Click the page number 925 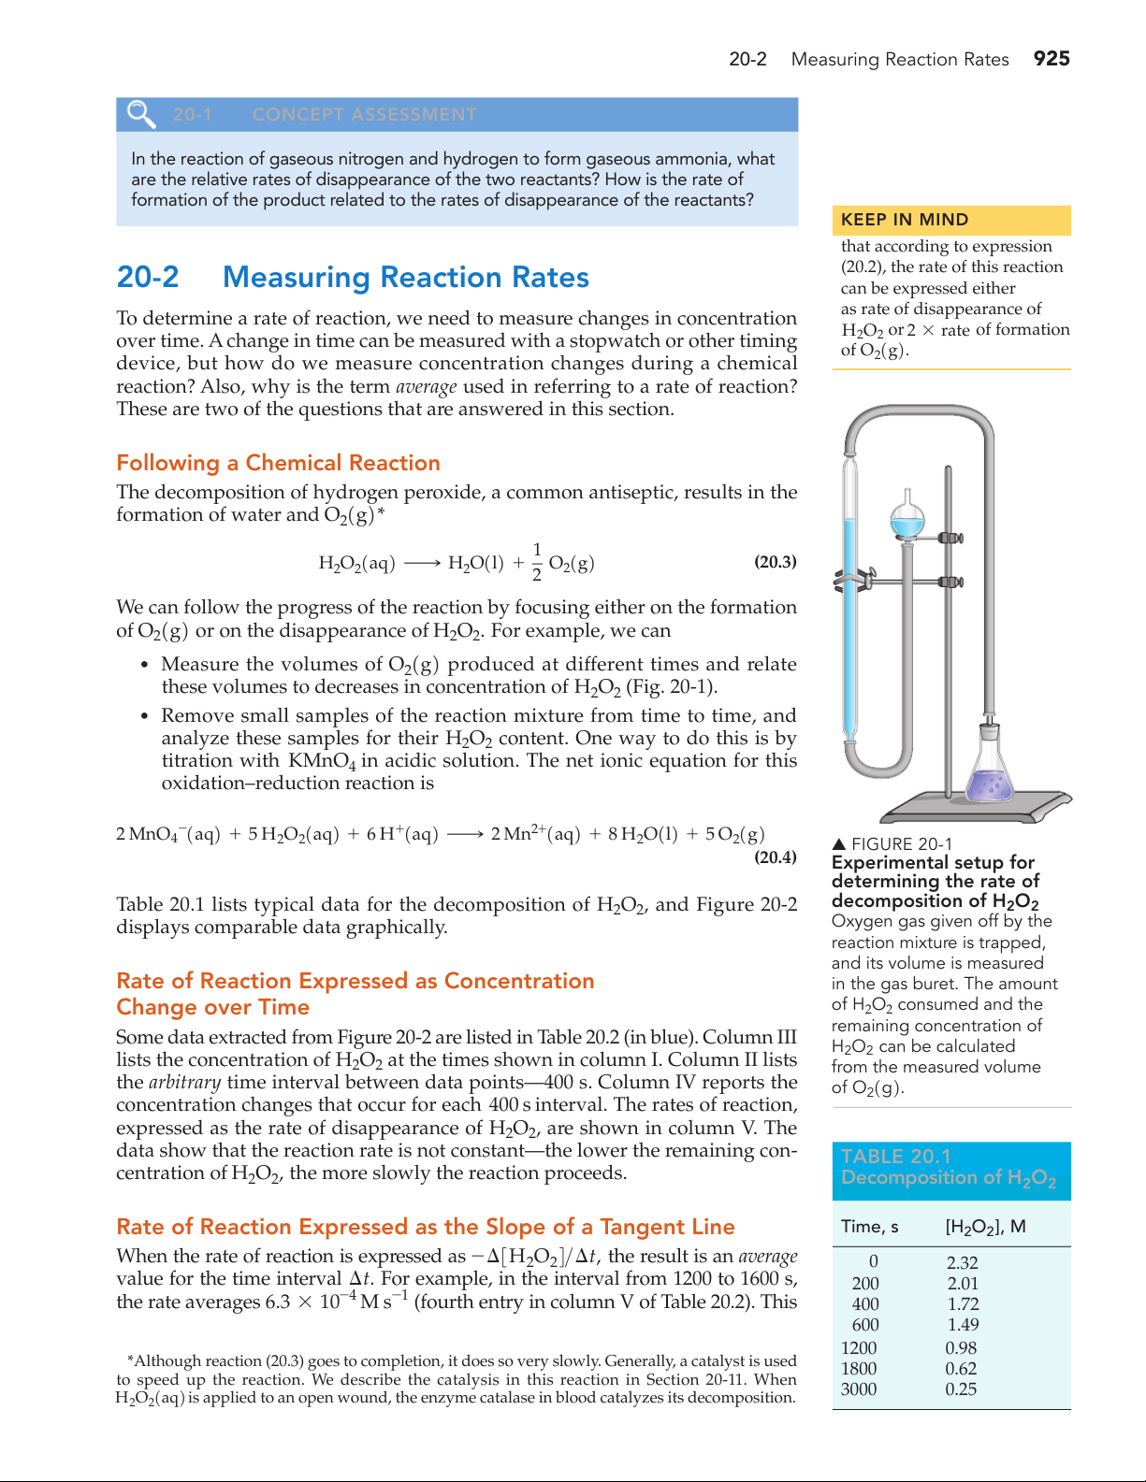[x=1052, y=59]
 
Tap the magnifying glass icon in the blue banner [x=141, y=114]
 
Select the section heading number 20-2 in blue [x=148, y=278]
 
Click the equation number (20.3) [x=776, y=562]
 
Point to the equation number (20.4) [x=776, y=857]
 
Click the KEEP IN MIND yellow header [x=905, y=220]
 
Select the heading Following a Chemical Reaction [x=278, y=463]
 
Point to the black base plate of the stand [x=973, y=806]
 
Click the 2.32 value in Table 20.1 [x=962, y=1262]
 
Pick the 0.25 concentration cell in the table [x=961, y=1389]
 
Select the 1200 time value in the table [x=859, y=1348]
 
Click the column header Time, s [x=869, y=1227]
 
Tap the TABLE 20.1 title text [x=895, y=1157]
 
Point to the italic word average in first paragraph [x=426, y=387]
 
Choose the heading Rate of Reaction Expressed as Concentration [x=355, y=981]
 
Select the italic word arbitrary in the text [x=184, y=1083]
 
